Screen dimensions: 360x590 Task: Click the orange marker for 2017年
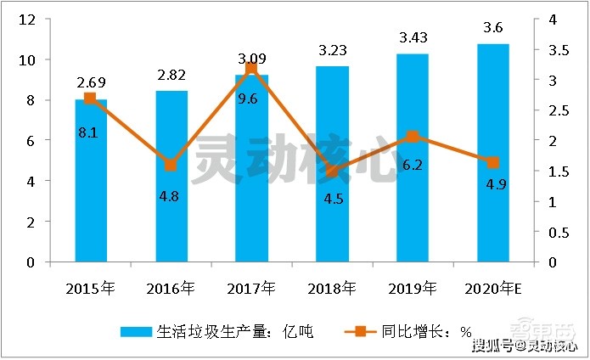tap(251, 68)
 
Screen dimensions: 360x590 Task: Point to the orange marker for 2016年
tap(171, 166)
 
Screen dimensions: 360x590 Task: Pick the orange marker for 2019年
tap(413, 137)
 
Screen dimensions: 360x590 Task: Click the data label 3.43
tap(413, 37)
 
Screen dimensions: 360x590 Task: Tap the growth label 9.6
tap(251, 98)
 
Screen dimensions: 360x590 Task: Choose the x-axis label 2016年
tap(171, 289)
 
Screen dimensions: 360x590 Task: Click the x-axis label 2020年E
tap(493, 289)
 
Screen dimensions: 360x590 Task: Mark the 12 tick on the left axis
tap(28, 20)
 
